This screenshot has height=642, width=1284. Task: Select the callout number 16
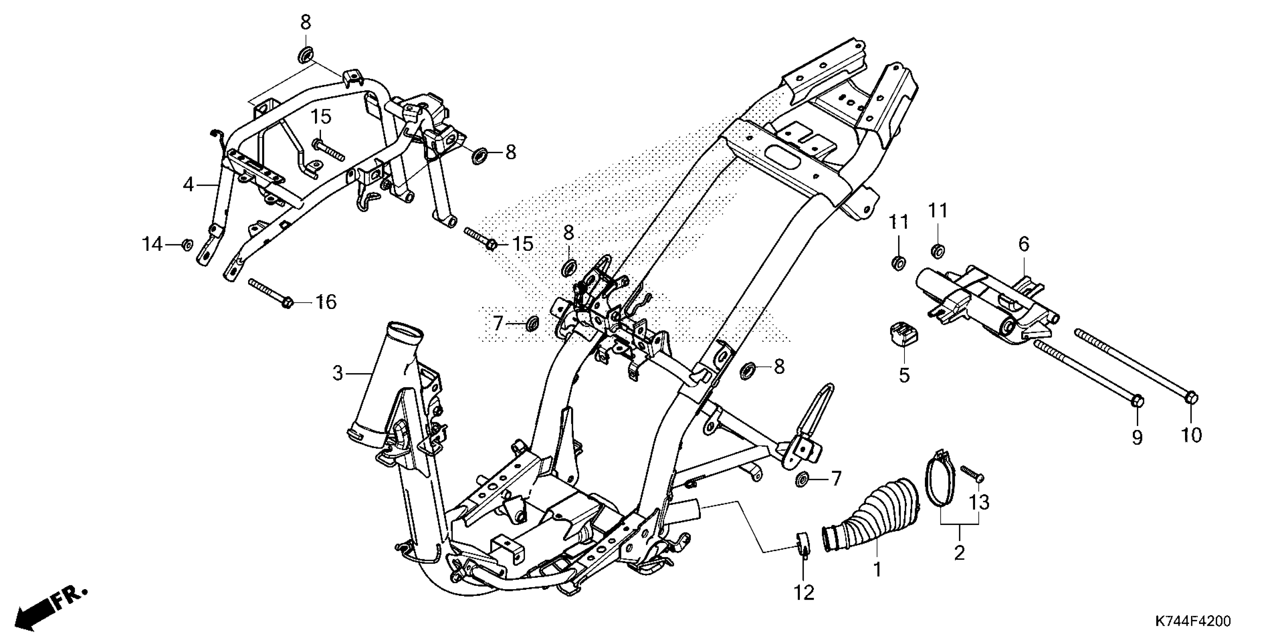[327, 302]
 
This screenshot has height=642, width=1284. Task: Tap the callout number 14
[153, 244]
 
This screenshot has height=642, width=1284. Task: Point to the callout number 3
[338, 373]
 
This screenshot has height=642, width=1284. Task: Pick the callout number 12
[804, 592]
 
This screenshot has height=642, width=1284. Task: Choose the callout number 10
[1191, 435]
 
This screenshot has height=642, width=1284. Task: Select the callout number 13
[979, 502]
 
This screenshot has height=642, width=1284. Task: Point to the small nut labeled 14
[187, 245]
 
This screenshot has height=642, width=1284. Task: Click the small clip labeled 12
[802, 543]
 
